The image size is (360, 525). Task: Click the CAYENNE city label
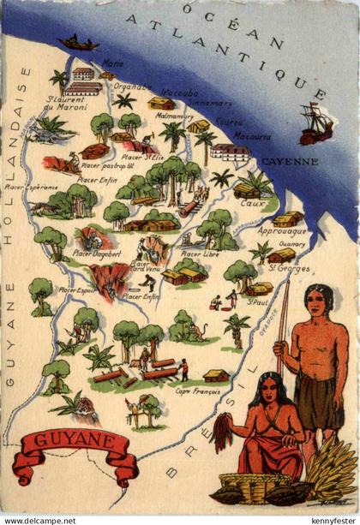click(289, 160)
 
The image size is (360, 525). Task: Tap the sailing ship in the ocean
click(315, 125)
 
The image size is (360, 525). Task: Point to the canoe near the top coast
click(78, 41)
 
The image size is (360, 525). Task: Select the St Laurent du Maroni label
click(65, 104)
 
